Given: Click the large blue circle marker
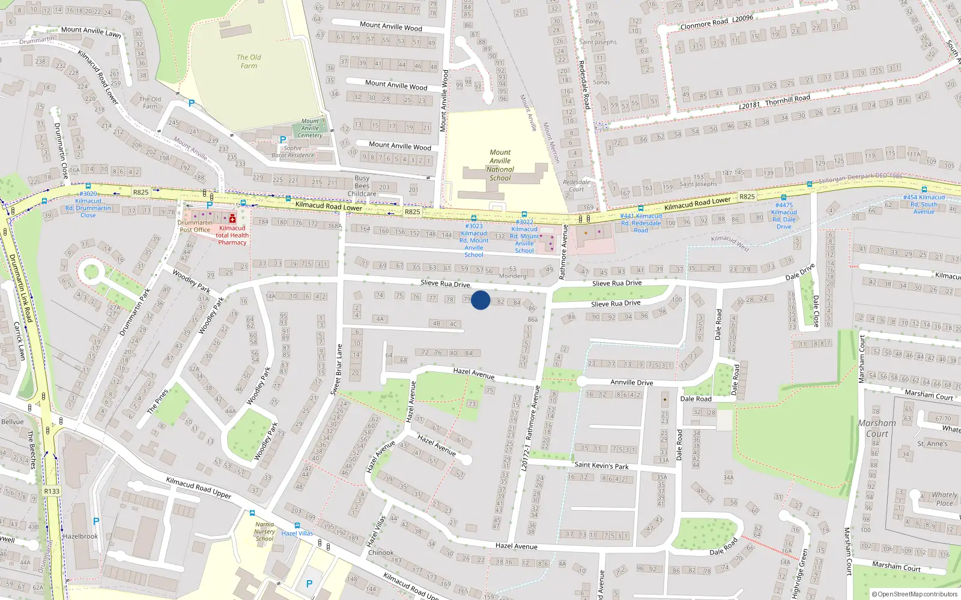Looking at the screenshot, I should [x=480, y=300].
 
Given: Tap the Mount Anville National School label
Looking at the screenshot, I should [x=500, y=165].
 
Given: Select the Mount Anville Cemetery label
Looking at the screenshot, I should [x=310, y=128].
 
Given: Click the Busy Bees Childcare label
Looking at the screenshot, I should [x=362, y=186].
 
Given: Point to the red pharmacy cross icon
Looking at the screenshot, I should [x=232, y=218].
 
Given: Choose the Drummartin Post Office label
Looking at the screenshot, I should [x=195, y=226].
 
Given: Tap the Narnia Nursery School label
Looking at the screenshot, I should [x=264, y=532].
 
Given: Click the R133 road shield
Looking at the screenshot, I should [x=52, y=491].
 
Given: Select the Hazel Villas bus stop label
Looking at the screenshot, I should [x=297, y=533].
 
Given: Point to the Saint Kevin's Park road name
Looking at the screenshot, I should [x=601, y=465].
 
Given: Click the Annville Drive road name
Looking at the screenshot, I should [x=631, y=382].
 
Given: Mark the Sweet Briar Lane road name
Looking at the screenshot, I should [x=336, y=369].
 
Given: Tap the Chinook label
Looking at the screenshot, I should [x=381, y=553].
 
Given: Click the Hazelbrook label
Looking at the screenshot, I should [x=80, y=536].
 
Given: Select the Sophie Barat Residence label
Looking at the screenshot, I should [x=293, y=152].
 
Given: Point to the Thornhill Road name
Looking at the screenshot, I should [x=787, y=100].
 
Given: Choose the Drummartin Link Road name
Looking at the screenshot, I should [x=20, y=288].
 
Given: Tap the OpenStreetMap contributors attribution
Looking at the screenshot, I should [x=915, y=594].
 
